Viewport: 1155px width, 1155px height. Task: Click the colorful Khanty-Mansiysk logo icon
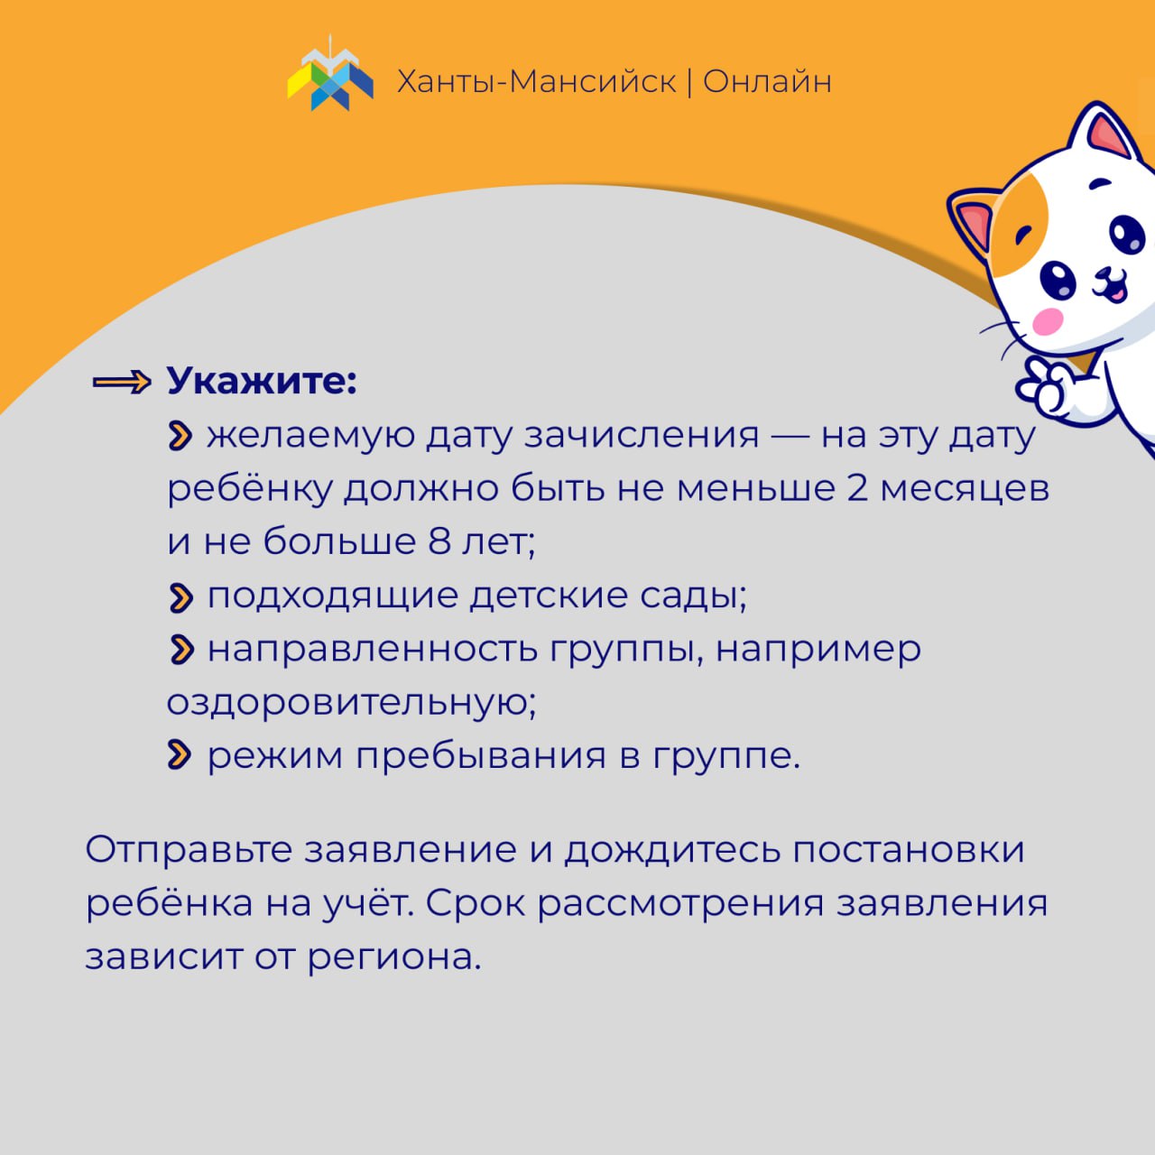click(x=330, y=74)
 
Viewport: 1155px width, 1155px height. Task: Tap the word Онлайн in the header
click(x=767, y=81)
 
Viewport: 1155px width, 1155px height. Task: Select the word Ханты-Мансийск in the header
click(x=536, y=81)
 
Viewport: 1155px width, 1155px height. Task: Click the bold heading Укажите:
click(x=262, y=381)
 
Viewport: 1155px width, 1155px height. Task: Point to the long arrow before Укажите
click(x=122, y=382)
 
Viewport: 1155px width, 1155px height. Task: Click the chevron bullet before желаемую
click(x=180, y=436)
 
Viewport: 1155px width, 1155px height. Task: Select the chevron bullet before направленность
click(x=181, y=651)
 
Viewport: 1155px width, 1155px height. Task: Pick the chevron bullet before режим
click(x=180, y=755)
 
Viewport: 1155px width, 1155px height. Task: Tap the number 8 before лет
click(x=439, y=541)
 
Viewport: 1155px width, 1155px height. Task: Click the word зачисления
click(x=642, y=437)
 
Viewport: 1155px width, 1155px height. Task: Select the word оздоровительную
click(x=351, y=702)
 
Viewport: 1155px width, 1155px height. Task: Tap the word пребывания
click(x=481, y=756)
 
